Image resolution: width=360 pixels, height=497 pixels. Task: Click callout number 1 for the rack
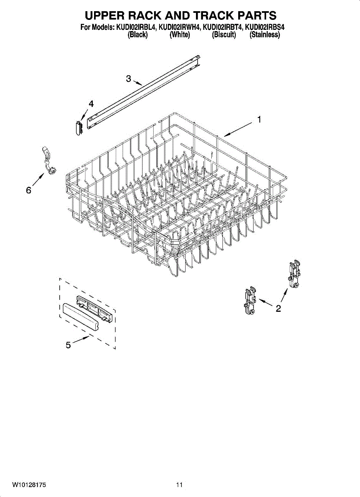259,120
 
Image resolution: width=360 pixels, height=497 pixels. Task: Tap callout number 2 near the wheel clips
278,308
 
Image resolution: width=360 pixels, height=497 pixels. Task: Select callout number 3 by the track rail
128,78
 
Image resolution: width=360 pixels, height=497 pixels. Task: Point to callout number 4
91,104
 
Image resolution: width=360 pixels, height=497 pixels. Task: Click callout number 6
28,190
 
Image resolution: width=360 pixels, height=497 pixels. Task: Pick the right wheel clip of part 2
295,274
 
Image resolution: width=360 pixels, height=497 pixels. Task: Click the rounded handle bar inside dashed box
81,316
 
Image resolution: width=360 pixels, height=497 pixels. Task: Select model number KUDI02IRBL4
137,28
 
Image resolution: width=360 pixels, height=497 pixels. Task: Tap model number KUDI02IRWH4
180,28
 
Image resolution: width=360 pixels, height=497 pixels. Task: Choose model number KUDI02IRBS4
265,28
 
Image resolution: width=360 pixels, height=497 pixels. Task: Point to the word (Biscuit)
224,35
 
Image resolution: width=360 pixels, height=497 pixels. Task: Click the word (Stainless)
265,35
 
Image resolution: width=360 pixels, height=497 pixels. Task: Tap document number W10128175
29,485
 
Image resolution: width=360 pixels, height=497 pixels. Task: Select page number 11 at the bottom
179,485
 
